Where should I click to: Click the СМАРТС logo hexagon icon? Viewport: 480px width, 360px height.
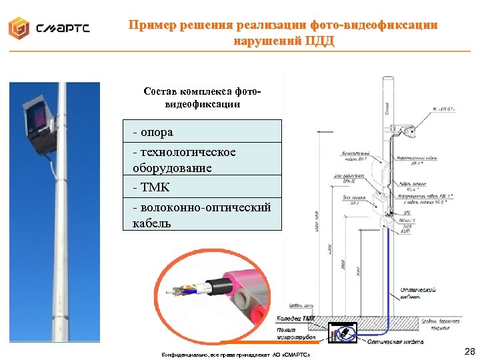click(x=19, y=27)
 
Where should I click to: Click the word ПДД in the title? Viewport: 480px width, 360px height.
click(x=320, y=41)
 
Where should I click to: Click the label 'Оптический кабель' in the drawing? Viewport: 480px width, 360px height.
click(x=418, y=294)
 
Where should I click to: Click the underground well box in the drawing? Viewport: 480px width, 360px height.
click(x=343, y=332)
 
